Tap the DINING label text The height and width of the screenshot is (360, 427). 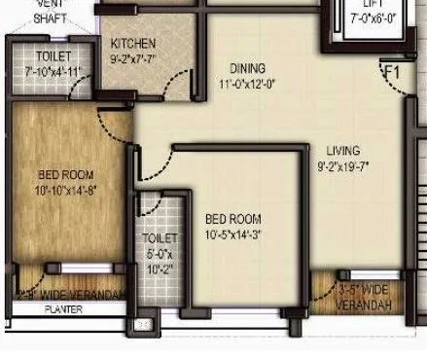coord(246,68)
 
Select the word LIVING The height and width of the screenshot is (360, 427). coord(343,150)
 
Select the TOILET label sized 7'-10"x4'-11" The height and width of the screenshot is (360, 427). coord(44,56)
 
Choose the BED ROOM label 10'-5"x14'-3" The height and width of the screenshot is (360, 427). coord(231,219)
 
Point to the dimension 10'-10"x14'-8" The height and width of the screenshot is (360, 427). coord(54,192)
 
